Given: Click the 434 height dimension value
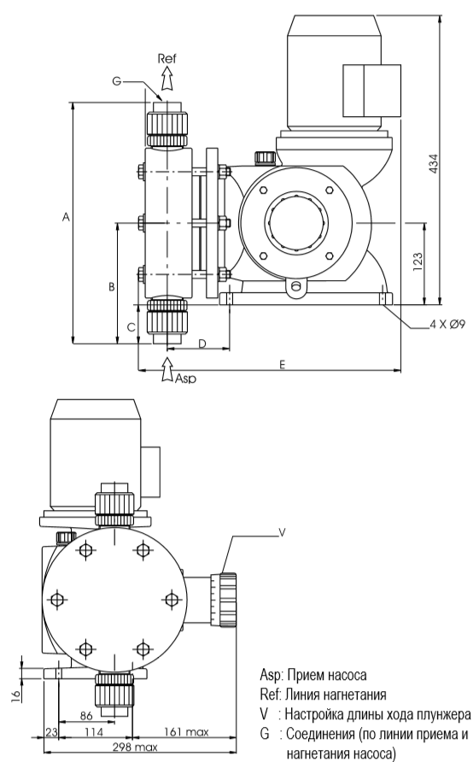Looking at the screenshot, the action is click(434, 164).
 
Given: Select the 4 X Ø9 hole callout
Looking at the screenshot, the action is click(447, 324).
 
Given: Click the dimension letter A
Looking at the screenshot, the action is click(66, 217).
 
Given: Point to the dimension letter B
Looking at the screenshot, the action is click(111, 287).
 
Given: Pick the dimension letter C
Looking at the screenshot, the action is click(131, 327).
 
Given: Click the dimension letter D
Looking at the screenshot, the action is click(202, 343).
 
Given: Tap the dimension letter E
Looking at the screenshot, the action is click(282, 364).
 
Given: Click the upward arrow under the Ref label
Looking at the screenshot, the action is click(167, 79).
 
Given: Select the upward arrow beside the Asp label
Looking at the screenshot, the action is click(167, 369).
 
